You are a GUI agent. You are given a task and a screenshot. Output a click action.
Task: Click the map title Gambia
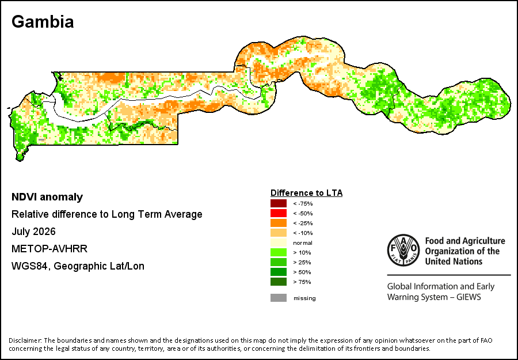coord(43,22)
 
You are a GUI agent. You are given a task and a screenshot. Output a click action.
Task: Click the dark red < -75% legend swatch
coord(279,203)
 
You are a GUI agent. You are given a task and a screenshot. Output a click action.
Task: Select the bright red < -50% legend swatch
coord(279,213)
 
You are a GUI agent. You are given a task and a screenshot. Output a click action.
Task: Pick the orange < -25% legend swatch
coord(279,223)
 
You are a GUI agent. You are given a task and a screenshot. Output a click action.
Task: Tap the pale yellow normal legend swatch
coord(279,242)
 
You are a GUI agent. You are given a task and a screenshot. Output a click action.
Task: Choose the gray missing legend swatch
coord(279,298)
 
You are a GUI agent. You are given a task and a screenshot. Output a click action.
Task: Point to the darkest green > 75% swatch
coord(279,282)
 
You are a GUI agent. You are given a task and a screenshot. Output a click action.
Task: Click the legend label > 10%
coord(302,252)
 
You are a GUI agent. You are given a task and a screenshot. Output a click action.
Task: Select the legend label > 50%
coord(302,272)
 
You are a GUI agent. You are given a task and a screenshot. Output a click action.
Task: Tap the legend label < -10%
coord(303,233)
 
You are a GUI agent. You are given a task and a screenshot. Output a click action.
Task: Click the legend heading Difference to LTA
coord(307,193)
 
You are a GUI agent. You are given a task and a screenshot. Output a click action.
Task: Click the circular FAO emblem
coord(403,250)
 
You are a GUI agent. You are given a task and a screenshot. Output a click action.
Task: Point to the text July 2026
coord(34,232)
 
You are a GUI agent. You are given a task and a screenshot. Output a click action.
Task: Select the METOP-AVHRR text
coord(49,249)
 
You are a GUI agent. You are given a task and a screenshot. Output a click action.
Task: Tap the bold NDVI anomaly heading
coord(47,197)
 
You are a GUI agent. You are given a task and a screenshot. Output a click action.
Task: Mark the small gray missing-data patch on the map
coord(41,139)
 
